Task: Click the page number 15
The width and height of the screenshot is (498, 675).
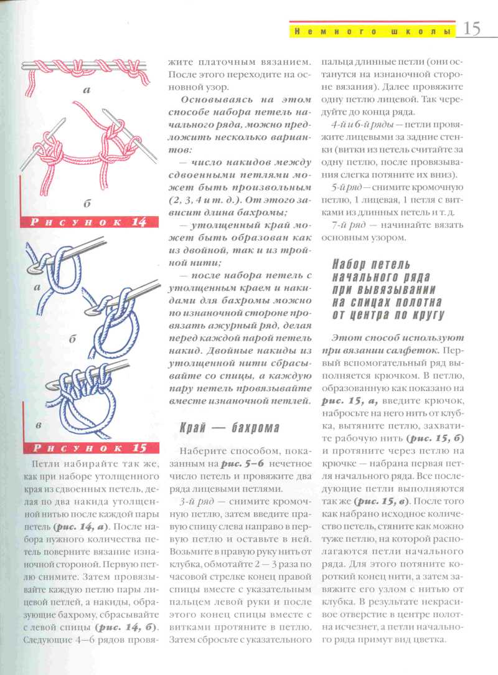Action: click(471, 29)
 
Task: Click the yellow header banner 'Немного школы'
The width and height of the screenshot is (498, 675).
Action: click(372, 31)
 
